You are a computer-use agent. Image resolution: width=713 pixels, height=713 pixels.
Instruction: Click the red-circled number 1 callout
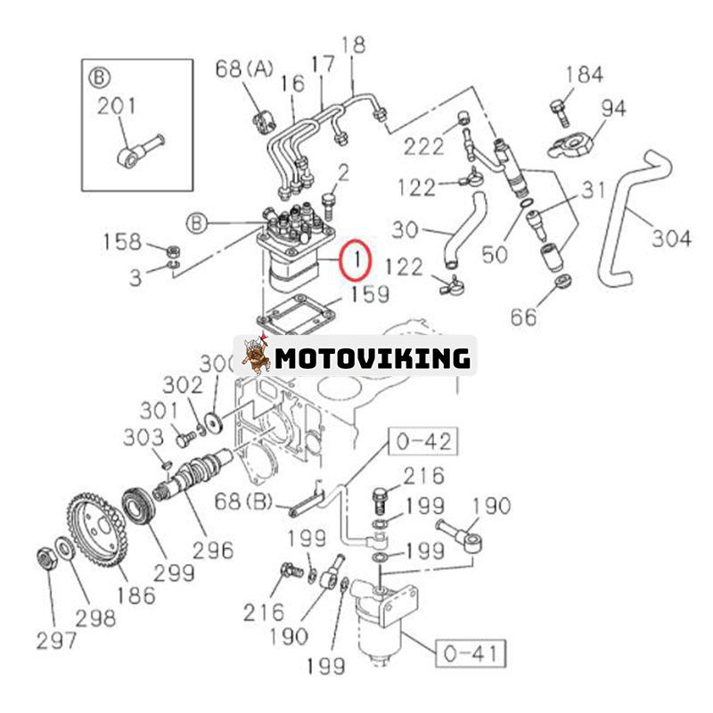click(356, 261)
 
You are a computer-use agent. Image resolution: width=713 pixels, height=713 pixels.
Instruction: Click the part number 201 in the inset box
click(117, 106)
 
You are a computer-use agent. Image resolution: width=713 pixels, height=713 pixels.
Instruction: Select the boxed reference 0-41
click(470, 654)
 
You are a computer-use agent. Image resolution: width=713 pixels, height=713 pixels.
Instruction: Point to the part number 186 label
click(135, 594)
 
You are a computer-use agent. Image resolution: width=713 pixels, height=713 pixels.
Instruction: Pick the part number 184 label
click(584, 75)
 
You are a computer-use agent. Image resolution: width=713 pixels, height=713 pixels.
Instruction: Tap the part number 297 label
click(55, 640)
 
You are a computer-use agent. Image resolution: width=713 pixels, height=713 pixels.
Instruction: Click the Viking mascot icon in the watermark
click(256, 356)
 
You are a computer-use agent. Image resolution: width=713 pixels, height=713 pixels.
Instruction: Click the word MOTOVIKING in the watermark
click(373, 358)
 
